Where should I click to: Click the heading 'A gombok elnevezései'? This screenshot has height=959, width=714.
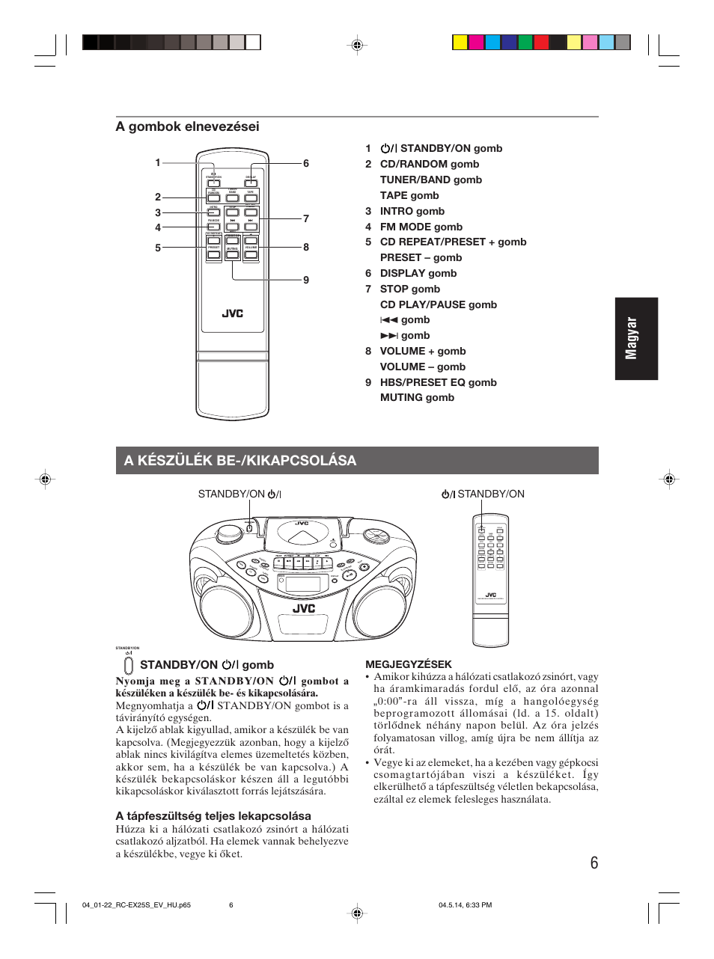[187, 126]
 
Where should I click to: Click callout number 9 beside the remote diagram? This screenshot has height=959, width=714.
[306, 280]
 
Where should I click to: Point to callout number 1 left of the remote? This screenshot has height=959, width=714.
[158, 162]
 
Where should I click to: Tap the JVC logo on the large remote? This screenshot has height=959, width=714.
[232, 313]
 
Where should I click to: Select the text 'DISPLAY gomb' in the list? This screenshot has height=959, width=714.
[418, 273]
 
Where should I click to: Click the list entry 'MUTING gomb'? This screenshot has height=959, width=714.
[417, 397]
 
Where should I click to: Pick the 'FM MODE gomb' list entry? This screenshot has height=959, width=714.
[421, 227]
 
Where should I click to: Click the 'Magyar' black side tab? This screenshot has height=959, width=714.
[635, 338]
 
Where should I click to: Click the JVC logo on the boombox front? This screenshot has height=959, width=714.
[304, 608]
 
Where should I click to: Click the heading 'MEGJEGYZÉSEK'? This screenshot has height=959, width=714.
[409, 664]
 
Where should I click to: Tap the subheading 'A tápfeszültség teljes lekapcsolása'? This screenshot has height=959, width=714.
[213, 815]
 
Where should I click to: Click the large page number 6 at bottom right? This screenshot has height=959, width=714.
[594, 863]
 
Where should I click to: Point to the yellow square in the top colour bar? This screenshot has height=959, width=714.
[460, 43]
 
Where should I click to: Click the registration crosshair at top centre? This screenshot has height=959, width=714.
[357, 46]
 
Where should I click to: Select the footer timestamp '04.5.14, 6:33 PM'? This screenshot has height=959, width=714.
[465, 905]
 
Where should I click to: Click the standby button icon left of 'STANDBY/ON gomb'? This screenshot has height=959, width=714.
[129, 665]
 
